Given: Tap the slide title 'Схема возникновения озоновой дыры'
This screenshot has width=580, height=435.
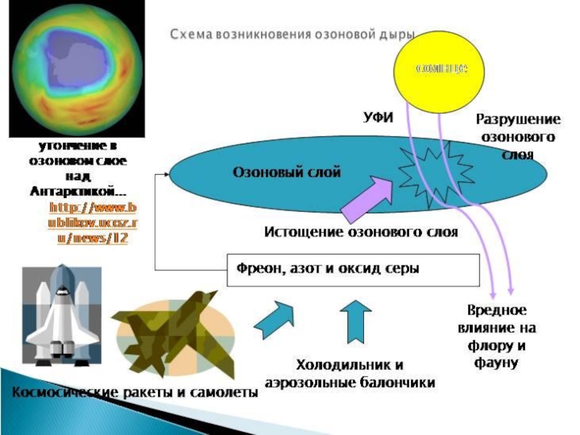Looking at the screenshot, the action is point(293,34).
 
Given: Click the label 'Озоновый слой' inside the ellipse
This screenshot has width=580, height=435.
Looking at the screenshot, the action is point(286,172).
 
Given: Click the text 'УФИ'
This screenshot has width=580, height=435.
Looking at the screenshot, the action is point(377,116).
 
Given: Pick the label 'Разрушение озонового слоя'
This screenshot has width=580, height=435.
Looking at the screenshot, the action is point(518,137).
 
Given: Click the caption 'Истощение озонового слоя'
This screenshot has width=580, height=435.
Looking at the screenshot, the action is point(360,233).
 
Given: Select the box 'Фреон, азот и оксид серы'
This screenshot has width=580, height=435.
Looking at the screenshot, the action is point(354,270).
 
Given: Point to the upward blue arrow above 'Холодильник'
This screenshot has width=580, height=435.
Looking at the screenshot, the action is point(355,320).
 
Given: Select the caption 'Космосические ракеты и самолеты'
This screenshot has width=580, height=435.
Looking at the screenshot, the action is point(134,392).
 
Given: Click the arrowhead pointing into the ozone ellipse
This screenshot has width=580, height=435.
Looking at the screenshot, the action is point(167,175).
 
